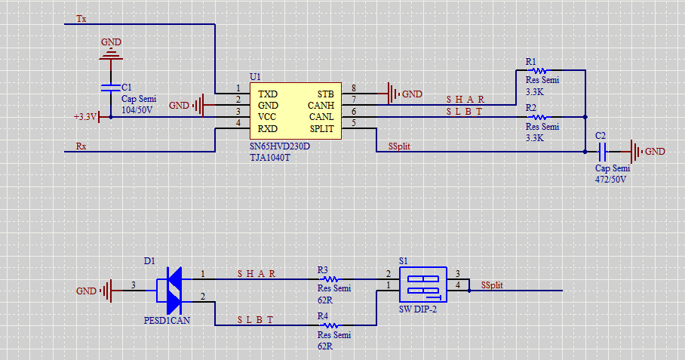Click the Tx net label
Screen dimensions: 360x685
point(81,17)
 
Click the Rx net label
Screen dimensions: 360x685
point(81,146)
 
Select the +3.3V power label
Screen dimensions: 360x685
point(85,117)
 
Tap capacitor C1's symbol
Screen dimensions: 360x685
point(111,88)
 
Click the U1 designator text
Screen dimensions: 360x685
point(255,77)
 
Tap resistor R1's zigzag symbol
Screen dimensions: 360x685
point(539,72)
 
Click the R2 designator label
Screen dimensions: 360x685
point(531,108)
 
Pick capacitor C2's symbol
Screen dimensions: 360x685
point(601,152)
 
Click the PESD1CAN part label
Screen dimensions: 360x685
point(167,320)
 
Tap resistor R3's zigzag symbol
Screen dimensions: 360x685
point(329,278)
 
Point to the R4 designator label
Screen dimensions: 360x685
point(323,315)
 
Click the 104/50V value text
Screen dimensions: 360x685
point(137,109)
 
